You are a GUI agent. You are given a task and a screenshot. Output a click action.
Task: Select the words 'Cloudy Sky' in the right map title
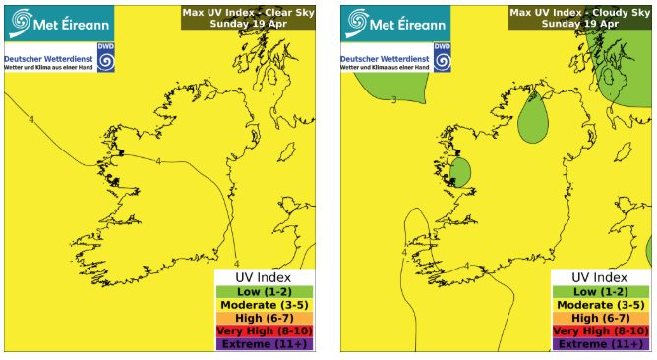(x=614, y=13)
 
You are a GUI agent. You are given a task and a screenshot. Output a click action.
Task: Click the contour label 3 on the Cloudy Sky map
(x=394, y=99)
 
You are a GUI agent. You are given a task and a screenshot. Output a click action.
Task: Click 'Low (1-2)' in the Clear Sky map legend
(x=263, y=292)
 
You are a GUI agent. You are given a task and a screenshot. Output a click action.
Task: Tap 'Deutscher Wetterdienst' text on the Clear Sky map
(x=47, y=58)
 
